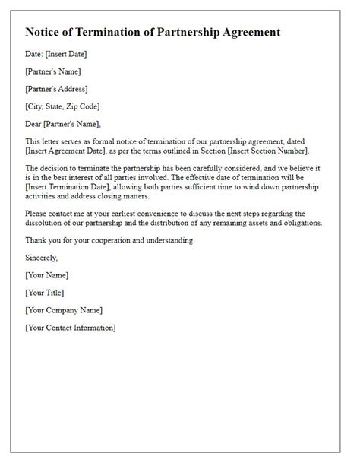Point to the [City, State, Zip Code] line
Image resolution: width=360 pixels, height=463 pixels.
tap(62, 106)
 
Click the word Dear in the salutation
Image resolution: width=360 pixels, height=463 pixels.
tap(35, 123)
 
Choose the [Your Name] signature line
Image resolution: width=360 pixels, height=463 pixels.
tap(46, 274)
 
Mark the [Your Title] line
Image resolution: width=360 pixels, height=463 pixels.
tap(45, 292)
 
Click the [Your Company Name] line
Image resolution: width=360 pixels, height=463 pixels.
tap(63, 309)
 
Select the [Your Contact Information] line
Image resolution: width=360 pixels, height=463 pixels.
tap(71, 327)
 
